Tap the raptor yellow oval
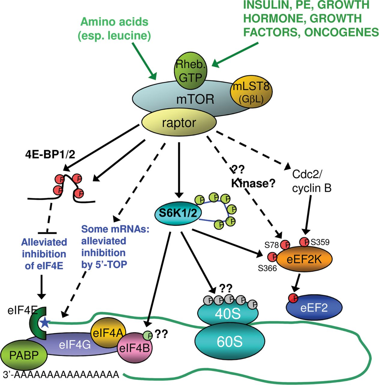[x=179, y=123]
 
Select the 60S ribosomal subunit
[x=230, y=342]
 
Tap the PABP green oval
[x=24, y=355]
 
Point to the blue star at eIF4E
[x=45, y=323]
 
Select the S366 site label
[x=267, y=268]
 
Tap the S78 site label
[x=271, y=245]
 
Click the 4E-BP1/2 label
[x=50, y=154]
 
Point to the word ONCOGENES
[x=341, y=32]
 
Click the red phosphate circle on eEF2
[x=293, y=298]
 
